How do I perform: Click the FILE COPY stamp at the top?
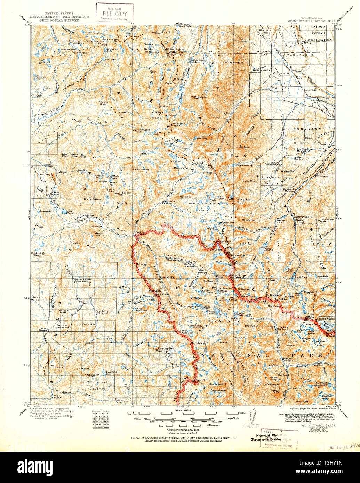click(x=115, y=13)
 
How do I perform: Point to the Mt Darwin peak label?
click(x=237, y=277)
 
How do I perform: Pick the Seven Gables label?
click(x=141, y=170)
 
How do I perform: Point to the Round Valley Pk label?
click(x=234, y=63)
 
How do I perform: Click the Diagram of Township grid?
click(x=101, y=420)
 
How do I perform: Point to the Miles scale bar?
click(x=184, y=414)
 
